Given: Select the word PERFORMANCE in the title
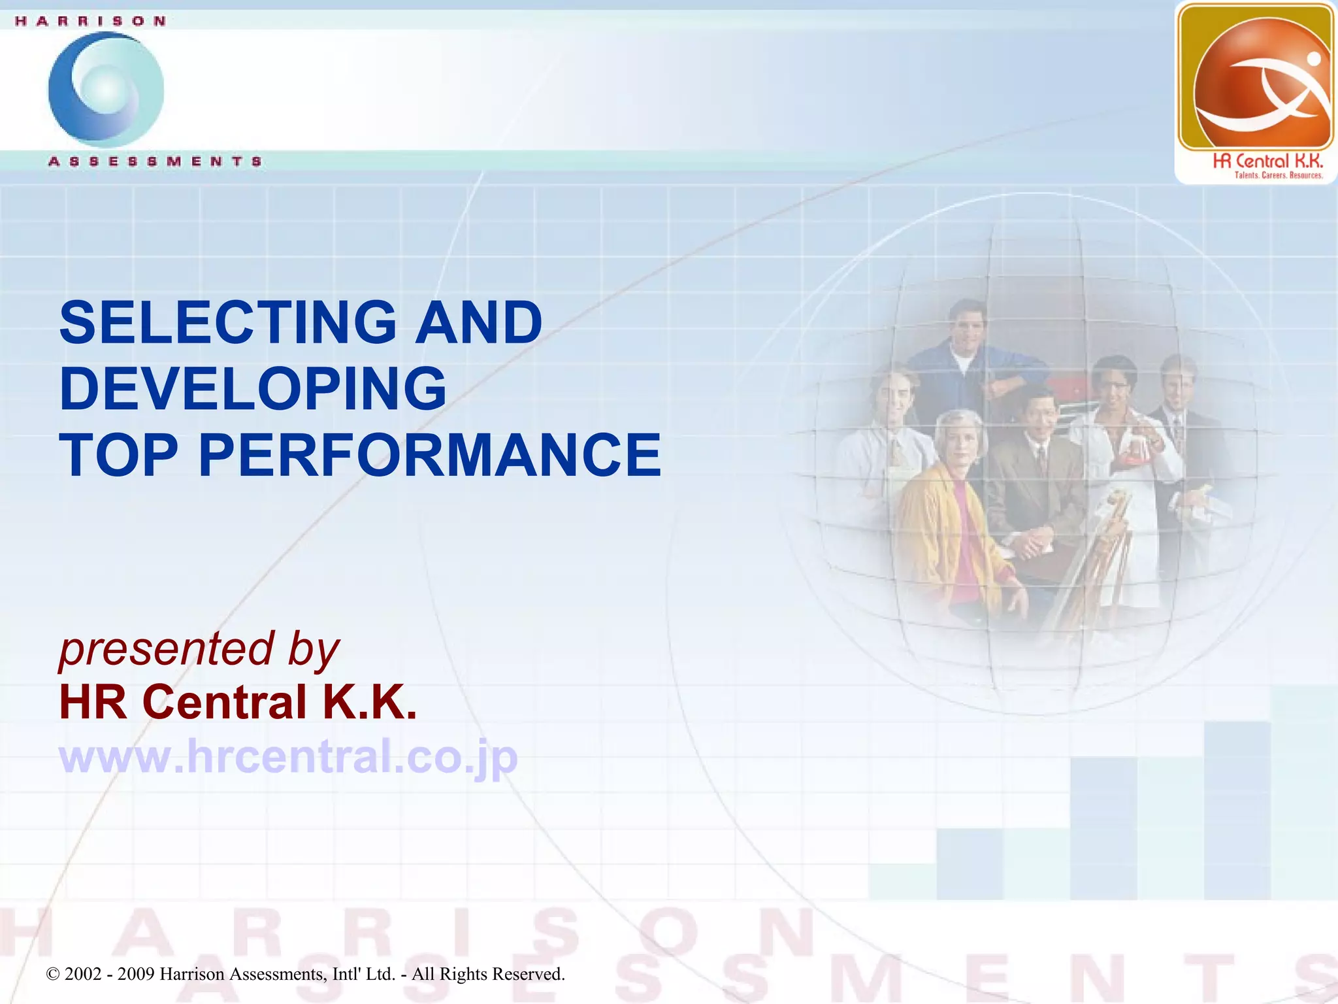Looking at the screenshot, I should tap(429, 455).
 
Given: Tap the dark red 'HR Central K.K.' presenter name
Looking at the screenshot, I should tap(238, 702).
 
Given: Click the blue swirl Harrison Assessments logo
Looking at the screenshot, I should tap(106, 90).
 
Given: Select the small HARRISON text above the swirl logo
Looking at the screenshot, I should tap(90, 21).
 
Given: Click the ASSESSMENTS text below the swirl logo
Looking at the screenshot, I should tap(155, 161).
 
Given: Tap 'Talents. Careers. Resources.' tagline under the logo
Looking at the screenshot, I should tap(1278, 175).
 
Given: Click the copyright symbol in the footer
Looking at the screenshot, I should tap(53, 975).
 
